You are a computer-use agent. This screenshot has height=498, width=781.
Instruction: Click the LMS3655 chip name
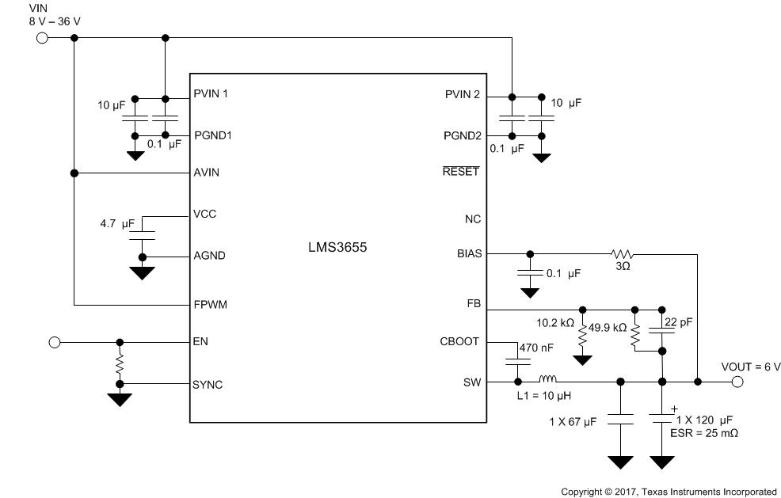[338, 247]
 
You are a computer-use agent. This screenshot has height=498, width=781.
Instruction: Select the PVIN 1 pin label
[211, 94]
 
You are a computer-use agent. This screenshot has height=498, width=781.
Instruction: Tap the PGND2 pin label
[462, 135]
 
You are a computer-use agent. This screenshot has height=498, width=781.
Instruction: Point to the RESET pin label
[462, 171]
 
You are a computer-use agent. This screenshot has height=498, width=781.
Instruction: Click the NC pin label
[472, 219]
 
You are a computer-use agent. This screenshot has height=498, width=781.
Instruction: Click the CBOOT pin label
[460, 342]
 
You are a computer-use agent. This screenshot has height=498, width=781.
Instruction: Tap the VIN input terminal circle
[42, 38]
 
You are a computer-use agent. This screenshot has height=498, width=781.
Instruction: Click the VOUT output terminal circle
[737, 382]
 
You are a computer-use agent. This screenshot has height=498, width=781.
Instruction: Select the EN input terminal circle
[54, 342]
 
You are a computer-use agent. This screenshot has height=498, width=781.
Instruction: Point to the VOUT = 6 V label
[749, 367]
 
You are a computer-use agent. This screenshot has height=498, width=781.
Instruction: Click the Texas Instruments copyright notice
[669, 491]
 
